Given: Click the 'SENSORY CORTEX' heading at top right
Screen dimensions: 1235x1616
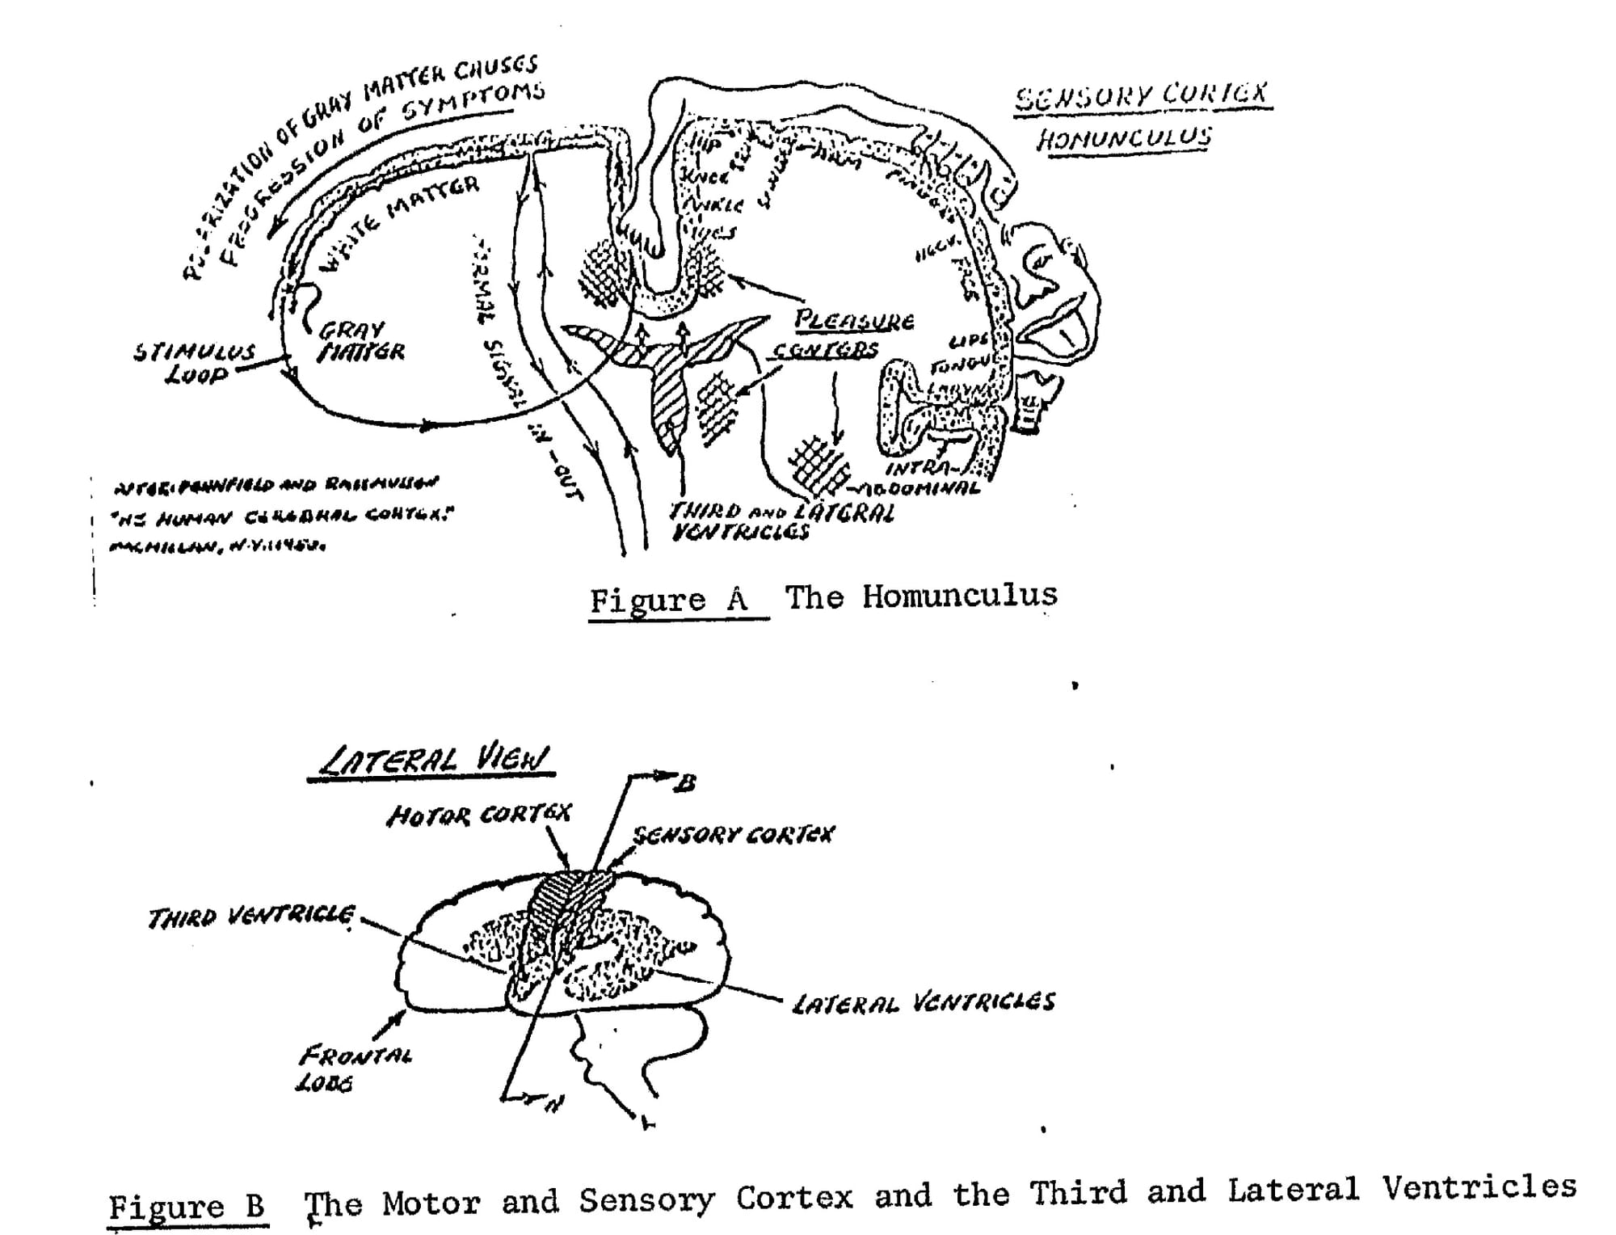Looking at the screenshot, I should click(x=1142, y=96).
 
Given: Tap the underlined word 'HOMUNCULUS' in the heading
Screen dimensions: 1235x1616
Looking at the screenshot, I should click(x=1124, y=138).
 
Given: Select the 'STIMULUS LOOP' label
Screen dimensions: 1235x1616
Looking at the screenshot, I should click(x=195, y=363).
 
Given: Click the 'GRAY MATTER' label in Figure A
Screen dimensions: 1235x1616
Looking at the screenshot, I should click(x=360, y=341).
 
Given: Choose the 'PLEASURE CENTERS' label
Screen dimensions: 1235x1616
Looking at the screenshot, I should click(x=840, y=334).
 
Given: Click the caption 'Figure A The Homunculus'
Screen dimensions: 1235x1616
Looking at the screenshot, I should click(x=823, y=598).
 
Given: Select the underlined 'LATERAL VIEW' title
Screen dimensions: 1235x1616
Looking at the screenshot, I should click(x=433, y=761).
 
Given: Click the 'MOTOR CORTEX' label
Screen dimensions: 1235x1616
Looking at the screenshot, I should click(x=478, y=815).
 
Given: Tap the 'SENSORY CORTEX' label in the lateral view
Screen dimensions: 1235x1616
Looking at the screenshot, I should click(x=733, y=835).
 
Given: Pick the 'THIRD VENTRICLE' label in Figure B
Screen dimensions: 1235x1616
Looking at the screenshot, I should click(x=250, y=917).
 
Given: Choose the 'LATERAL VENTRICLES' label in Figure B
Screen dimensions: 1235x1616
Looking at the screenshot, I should click(x=923, y=1003).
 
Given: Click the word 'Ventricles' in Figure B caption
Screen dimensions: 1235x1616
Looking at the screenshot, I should click(x=1478, y=1187).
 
